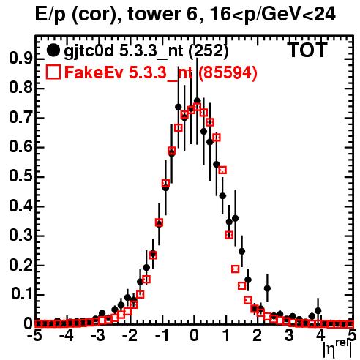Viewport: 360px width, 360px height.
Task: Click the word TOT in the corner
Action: tap(308, 50)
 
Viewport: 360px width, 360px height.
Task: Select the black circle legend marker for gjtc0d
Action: tap(53, 50)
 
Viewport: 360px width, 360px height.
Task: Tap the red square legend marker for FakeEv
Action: tap(53, 72)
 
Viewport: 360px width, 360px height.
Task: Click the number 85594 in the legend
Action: tap(228, 72)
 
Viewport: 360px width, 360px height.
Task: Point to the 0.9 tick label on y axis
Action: tap(20, 59)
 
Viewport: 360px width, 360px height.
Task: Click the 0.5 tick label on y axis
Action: tap(20, 176)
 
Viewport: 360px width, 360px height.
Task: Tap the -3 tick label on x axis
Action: tap(98, 336)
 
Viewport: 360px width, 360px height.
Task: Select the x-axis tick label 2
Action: tap(258, 336)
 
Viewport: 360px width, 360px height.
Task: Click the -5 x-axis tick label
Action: tap(36, 336)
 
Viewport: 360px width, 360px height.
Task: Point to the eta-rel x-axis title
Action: tap(337, 349)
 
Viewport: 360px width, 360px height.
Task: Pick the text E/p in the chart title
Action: tap(50, 15)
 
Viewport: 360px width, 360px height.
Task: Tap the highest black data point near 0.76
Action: tap(197, 101)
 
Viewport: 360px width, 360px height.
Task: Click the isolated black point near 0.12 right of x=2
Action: tap(267, 288)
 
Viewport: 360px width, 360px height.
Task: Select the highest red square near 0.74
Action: tap(197, 106)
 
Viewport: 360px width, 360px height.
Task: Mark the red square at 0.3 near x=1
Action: tap(229, 235)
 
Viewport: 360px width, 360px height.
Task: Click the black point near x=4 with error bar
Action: tap(318, 311)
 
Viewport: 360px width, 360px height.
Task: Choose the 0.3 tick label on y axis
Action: tap(20, 236)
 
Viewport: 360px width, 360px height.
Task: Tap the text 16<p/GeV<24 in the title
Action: tap(272, 15)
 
